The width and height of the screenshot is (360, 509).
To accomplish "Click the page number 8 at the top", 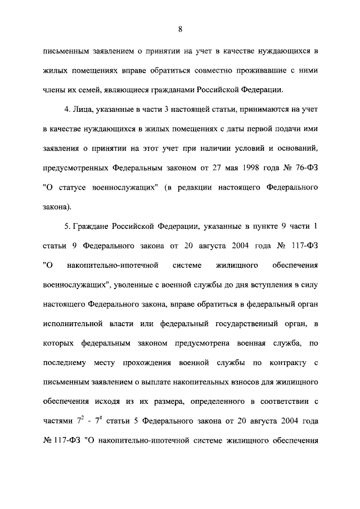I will (x=180, y=29).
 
